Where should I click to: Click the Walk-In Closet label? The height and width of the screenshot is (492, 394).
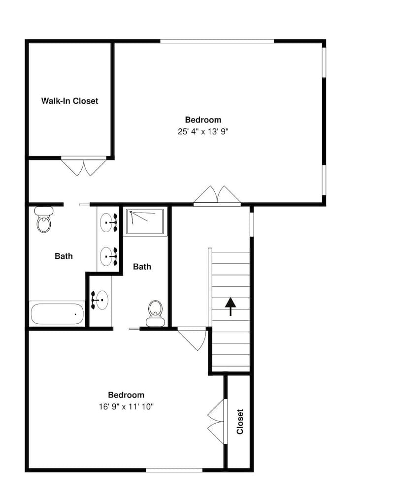[69, 101]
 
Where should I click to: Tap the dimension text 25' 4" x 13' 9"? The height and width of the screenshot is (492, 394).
[202, 131]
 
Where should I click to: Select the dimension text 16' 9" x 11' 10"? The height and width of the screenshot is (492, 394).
[126, 407]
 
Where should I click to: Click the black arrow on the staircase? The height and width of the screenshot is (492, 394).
[230, 306]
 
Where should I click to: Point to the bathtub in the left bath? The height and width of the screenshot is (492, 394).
[57, 314]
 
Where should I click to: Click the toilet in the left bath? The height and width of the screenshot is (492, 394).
[44, 219]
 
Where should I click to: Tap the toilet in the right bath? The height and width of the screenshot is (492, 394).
[155, 313]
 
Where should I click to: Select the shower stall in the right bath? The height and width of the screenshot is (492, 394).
[145, 221]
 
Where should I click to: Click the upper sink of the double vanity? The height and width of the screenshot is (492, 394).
[108, 222]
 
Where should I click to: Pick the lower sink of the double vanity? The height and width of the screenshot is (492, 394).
[108, 256]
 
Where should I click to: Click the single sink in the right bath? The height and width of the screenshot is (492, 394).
[100, 300]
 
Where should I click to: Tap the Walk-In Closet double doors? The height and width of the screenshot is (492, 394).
[84, 167]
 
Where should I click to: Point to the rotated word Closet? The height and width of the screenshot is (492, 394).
[240, 422]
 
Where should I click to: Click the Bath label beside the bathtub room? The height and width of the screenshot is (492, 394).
[64, 256]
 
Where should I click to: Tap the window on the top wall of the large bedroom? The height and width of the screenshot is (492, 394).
[217, 41]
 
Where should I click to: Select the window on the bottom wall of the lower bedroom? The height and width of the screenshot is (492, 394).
[174, 470]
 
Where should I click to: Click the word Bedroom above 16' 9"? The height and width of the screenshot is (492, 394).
[126, 395]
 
